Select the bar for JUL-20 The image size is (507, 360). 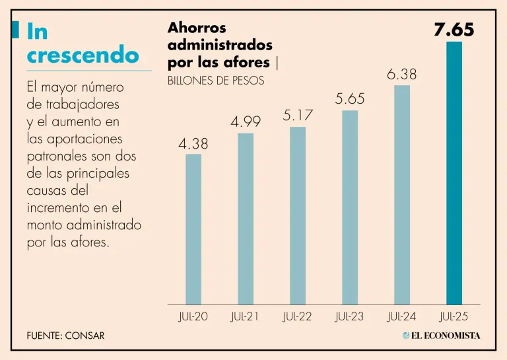click(x=193, y=229)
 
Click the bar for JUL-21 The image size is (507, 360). click(x=246, y=219)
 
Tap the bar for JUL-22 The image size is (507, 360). click(x=298, y=215)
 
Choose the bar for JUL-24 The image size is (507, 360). click(x=402, y=195)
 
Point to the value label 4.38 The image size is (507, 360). click(x=193, y=143)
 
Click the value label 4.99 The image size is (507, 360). click(x=246, y=122)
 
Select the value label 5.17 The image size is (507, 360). click(x=298, y=116)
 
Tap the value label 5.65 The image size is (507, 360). click(x=350, y=99)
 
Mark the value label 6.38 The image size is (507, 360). click(x=402, y=75)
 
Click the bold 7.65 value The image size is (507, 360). click(x=454, y=30)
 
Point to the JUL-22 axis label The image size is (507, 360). click(x=297, y=317)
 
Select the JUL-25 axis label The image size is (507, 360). click(x=454, y=317)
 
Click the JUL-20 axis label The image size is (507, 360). click(x=193, y=317)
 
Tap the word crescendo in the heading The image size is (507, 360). click(x=83, y=55)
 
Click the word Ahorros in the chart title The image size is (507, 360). click(x=197, y=28)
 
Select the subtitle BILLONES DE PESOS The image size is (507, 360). click(x=216, y=81)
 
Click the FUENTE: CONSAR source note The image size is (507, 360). click(x=65, y=336)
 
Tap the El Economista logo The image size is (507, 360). click(x=442, y=336)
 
